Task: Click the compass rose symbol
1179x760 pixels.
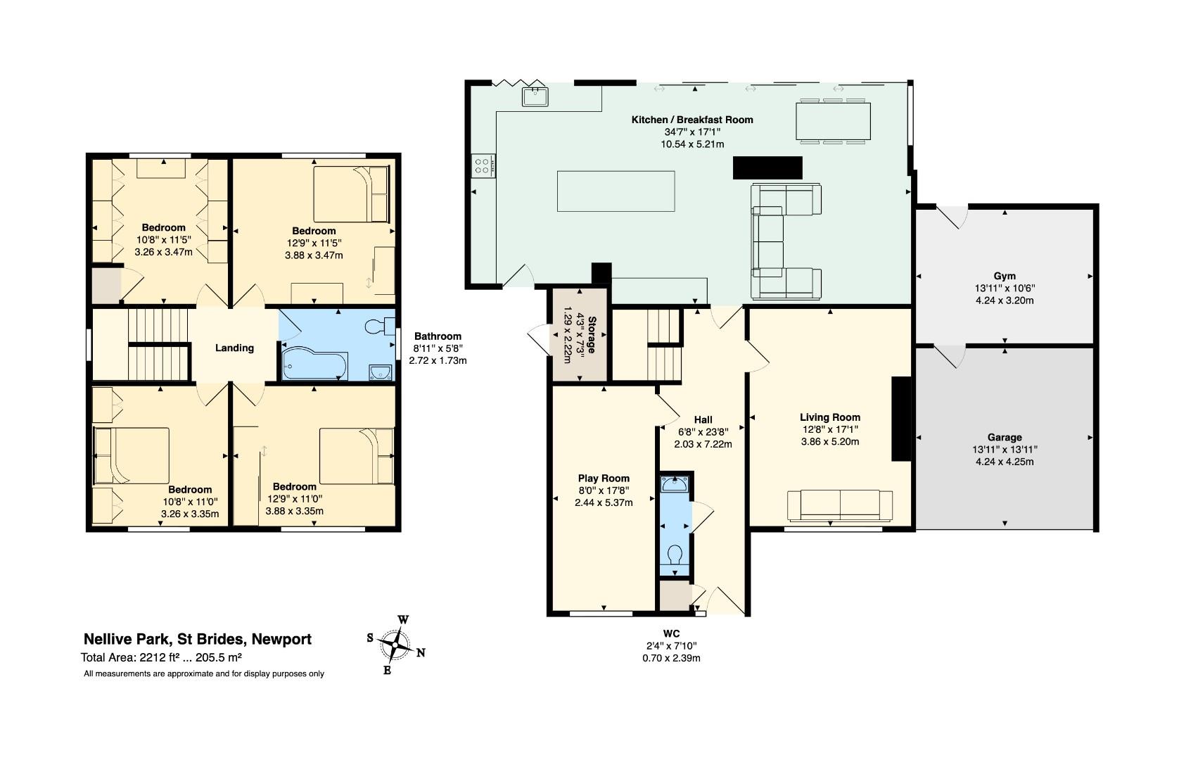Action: click(395, 645)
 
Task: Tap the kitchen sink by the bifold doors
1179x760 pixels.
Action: click(535, 97)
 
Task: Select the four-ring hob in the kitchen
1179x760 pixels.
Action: click(483, 166)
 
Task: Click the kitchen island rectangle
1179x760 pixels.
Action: click(616, 191)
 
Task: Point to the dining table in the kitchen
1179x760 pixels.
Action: click(833, 121)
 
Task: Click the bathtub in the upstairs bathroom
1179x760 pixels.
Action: click(314, 363)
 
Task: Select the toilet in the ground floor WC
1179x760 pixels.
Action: click(675, 555)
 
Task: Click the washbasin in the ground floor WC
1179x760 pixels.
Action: click(675, 483)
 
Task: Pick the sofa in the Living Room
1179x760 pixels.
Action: click(839, 506)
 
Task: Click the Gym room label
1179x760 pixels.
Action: click(1005, 276)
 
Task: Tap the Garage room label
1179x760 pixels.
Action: click(1005, 437)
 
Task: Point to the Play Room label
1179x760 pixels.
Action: click(604, 479)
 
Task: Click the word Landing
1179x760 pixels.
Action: click(234, 348)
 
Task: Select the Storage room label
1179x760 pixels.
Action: click(592, 335)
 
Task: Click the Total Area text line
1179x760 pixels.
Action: click(161, 657)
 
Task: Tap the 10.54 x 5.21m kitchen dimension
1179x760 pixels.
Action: click(692, 144)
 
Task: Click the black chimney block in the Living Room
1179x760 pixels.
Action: click(901, 419)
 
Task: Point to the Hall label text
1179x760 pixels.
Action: click(703, 420)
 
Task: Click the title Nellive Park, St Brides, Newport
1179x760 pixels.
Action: click(198, 640)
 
